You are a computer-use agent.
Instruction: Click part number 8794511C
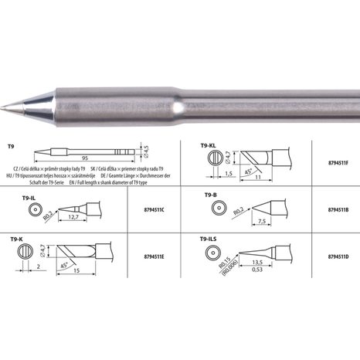click(146, 209)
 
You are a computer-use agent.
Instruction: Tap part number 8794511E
click(146, 253)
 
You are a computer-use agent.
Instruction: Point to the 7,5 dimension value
click(263, 222)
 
